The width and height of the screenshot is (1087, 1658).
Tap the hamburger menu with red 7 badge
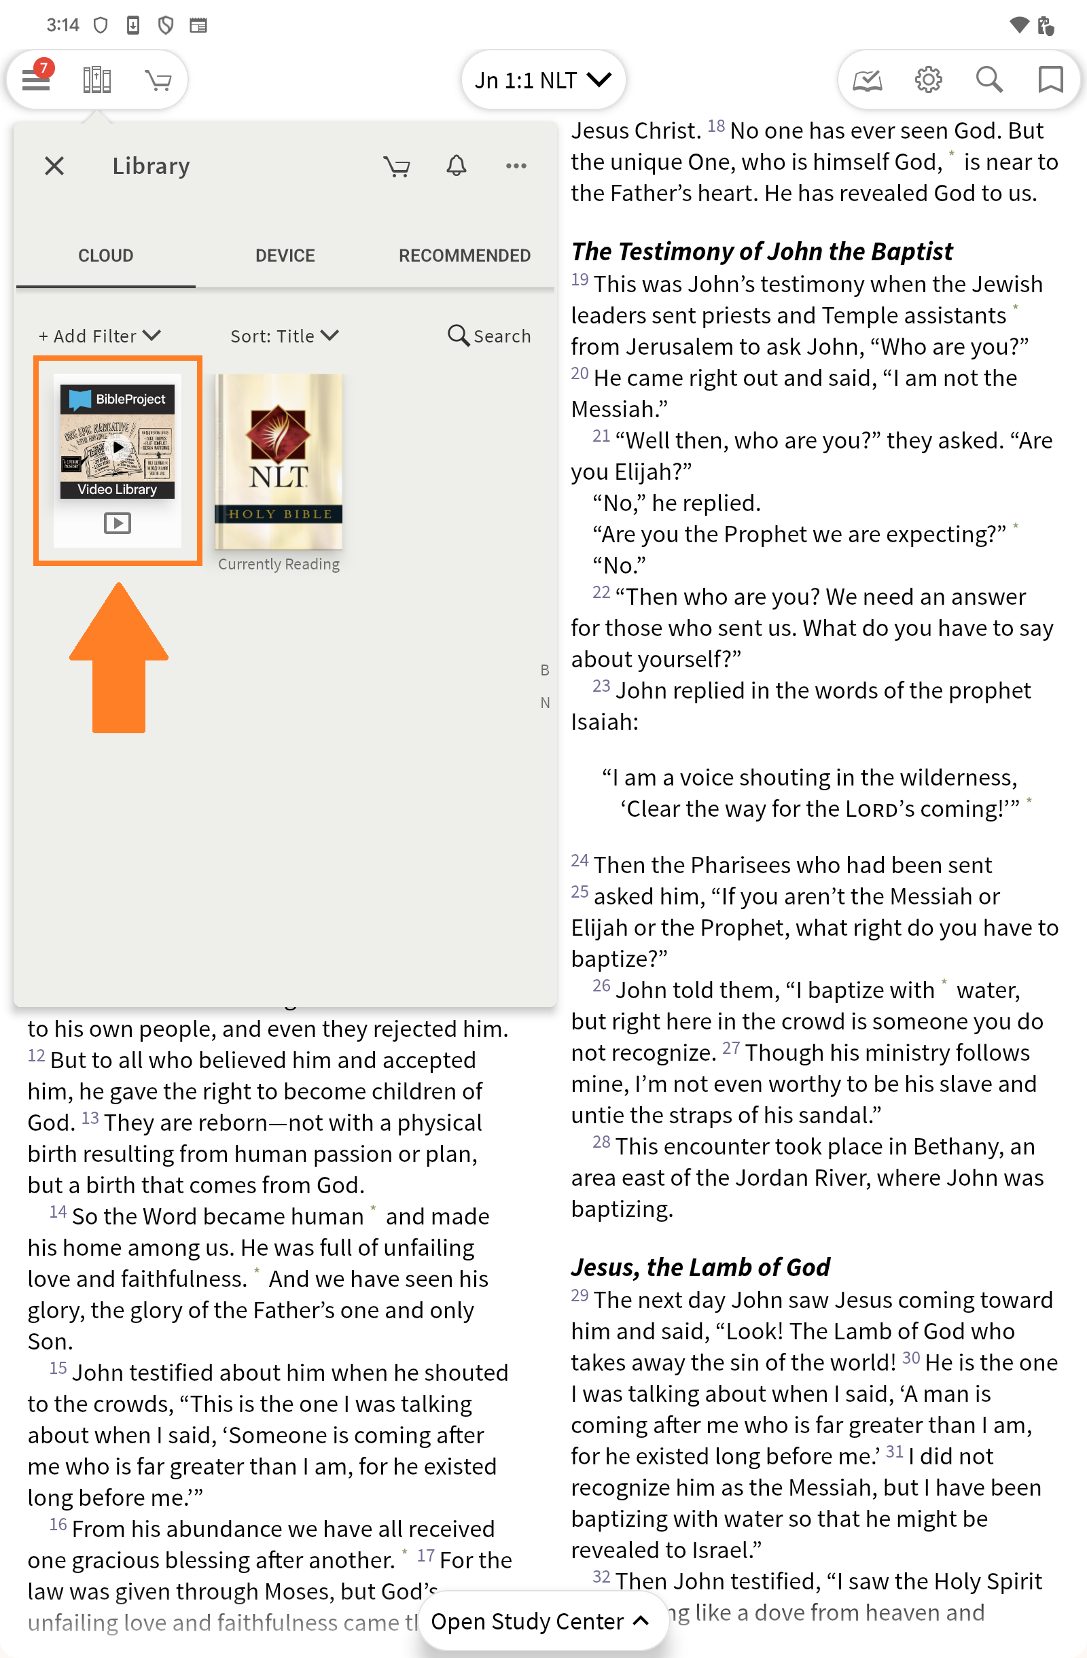pyautogui.click(x=36, y=80)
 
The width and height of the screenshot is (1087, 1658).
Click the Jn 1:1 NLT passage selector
pyautogui.click(x=542, y=80)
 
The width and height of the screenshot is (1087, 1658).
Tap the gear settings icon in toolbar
pyautogui.click(x=927, y=80)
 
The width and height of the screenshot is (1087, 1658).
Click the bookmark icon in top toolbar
pyautogui.click(x=1050, y=80)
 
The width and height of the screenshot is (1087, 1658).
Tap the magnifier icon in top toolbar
pyautogui.click(x=988, y=80)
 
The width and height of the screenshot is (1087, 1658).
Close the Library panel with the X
pyautogui.click(x=54, y=166)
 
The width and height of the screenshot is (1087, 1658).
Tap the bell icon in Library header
pyautogui.click(x=456, y=166)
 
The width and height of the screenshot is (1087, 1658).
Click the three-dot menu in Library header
pyautogui.click(x=516, y=166)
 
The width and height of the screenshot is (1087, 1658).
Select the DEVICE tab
pyautogui.click(x=285, y=255)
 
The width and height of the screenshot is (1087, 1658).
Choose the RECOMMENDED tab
pyautogui.click(x=465, y=255)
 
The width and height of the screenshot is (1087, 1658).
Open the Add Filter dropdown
pyautogui.click(x=100, y=336)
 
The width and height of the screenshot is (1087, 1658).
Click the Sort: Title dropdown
pyautogui.click(x=284, y=336)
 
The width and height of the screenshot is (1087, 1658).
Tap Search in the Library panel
pyautogui.click(x=489, y=336)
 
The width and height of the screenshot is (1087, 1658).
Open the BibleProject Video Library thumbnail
pyautogui.click(x=118, y=460)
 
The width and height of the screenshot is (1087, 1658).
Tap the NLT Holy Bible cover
pyautogui.click(x=279, y=461)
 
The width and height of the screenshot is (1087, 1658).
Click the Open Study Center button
pyautogui.click(x=540, y=1621)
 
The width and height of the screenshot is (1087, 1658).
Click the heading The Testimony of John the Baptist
pyautogui.click(x=762, y=251)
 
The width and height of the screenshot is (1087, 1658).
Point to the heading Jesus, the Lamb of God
pyautogui.click(x=700, y=1267)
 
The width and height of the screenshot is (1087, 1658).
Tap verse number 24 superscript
pyautogui.click(x=580, y=860)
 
